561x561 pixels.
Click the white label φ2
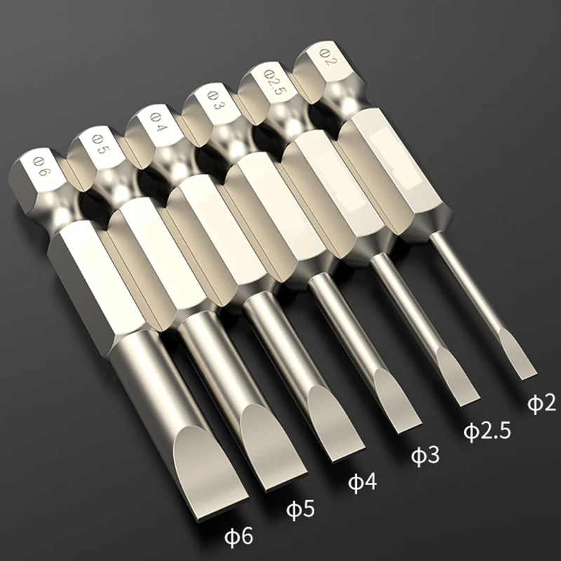pyautogui.click(x=541, y=403)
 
